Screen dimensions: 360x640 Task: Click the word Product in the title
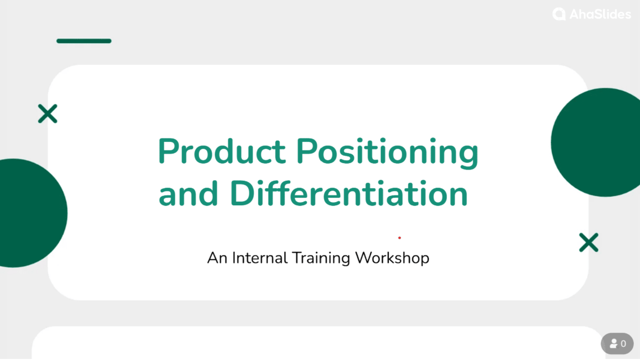(222, 151)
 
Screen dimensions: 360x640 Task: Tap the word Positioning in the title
(387, 153)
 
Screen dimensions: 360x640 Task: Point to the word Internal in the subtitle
(260, 258)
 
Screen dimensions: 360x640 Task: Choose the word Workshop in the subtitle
(392, 258)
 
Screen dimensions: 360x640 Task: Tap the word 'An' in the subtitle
(218, 258)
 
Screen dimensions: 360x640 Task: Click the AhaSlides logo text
(599, 14)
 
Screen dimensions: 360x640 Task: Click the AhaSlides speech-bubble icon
(559, 14)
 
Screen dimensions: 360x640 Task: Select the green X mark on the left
(47, 114)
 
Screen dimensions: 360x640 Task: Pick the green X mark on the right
(588, 243)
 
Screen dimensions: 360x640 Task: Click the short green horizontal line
(84, 41)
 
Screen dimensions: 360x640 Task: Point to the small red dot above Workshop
(399, 238)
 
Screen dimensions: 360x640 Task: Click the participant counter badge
(617, 343)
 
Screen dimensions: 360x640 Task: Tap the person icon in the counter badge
(613, 344)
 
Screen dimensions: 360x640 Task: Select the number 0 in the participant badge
(623, 344)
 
